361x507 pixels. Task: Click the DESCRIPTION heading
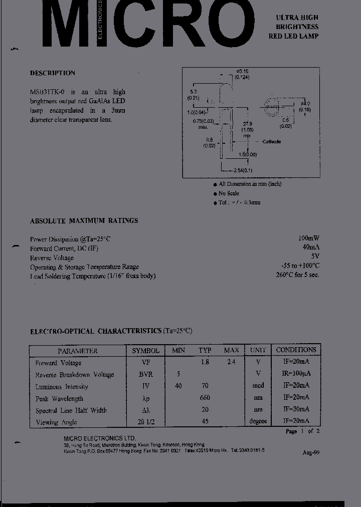[x=53, y=73]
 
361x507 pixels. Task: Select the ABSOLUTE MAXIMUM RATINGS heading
[x=84, y=220]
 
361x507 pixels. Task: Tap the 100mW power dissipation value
[x=308, y=239]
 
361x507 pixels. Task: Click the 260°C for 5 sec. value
[x=297, y=275]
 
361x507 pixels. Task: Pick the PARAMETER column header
[x=77, y=351]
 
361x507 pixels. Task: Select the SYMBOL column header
[x=145, y=351]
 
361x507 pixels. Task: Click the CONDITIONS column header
[x=296, y=350]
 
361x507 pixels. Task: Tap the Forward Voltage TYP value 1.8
[x=205, y=362]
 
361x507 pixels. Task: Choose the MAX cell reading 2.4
[x=231, y=362]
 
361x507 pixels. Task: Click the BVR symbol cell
[x=146, y=374]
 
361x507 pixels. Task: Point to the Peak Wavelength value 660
[x=205, y=398]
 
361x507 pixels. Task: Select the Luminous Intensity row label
[x=62, y=387]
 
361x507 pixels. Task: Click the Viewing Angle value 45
[x=205, y=421]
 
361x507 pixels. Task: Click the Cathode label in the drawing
[x=271, y=142]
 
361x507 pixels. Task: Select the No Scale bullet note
[x=228, y=193]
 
